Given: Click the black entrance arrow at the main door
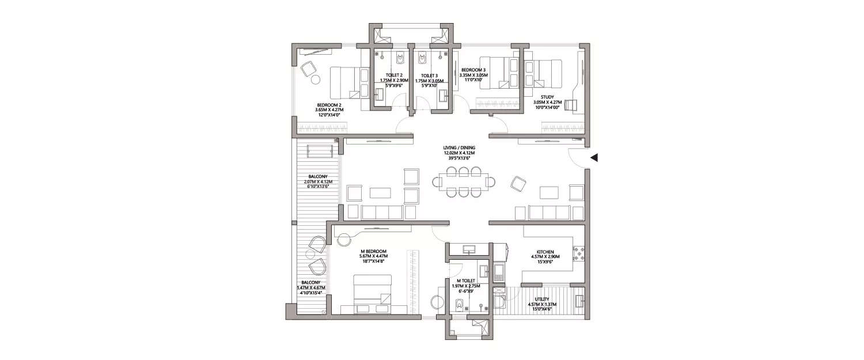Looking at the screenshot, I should [594, 157].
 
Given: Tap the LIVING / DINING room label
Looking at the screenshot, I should [460, 147].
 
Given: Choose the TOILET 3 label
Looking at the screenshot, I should [429, 75].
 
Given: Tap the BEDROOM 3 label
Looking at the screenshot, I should [473, 70].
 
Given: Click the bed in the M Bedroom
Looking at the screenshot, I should [372, 293].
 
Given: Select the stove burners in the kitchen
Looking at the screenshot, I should [578, 253].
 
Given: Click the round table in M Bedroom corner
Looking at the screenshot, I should [345, 239].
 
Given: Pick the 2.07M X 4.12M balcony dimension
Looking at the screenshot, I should [318, 182].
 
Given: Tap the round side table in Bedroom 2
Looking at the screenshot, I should [316, 81].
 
